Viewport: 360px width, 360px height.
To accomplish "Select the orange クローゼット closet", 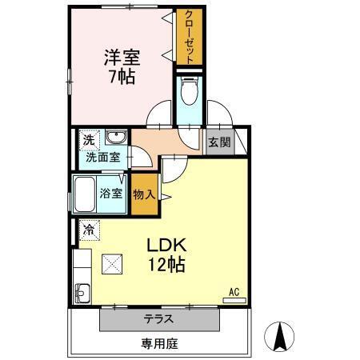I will coord(189,37).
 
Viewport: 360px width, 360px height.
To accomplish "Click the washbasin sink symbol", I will coord(115,138).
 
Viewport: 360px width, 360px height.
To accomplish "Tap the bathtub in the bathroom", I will coord(85,194).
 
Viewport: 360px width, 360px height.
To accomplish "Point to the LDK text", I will coord(165,245).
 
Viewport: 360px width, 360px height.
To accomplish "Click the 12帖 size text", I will coord(166,264).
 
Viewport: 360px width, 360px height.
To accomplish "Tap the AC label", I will coord(234,292).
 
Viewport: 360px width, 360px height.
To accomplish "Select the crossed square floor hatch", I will coord(112,262).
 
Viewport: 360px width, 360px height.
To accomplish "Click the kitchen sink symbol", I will coord(82,290).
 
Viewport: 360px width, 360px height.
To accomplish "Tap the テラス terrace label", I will coord(159,319).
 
